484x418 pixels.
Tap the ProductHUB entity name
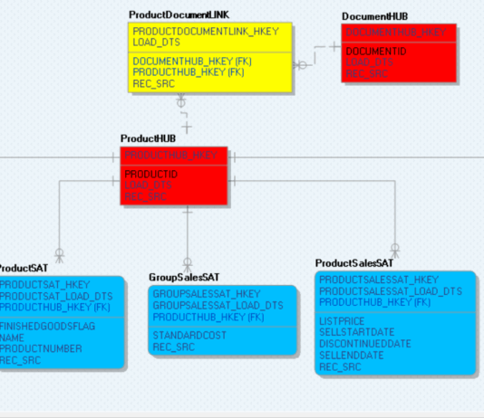(148, 138)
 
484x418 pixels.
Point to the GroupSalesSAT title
(184, 277)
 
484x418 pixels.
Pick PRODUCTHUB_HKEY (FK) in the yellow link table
(187, 71)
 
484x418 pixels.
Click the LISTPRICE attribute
(341, 321)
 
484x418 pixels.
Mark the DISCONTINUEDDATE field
(364, 344)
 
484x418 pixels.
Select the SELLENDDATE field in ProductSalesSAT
(352, 356)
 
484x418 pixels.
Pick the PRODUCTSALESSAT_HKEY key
(378, 280)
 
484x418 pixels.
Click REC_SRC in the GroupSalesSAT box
(172, 347)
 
